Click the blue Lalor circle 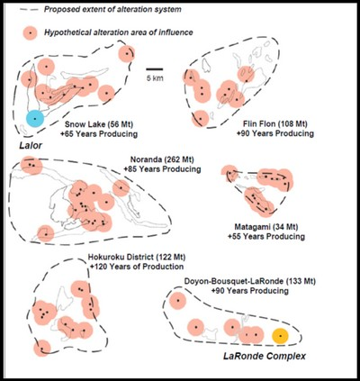[x=35, y=119]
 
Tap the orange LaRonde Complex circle [x=280, y=336]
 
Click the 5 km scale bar [x=155, y=69]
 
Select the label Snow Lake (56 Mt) [x=99, y=124]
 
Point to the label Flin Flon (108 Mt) [x=275, y=123]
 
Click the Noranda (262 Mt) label [x=162, y=159]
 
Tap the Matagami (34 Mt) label [x=266, y=227]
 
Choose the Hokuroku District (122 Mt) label [x=137, y=258]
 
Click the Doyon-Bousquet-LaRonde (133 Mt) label [x=250, y=282]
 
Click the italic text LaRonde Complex [x=265, y=356]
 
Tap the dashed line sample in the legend [x=29, y=9]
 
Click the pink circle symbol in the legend [x=30, y=32]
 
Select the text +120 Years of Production [x=137, y=267]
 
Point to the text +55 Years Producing [x=266, y=236]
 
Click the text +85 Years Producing [x=162, y=169]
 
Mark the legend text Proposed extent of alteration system [x=112, y=9]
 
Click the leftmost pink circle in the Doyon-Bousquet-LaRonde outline [x=177, y=301]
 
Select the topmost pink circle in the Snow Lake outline [x=127, y=54]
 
